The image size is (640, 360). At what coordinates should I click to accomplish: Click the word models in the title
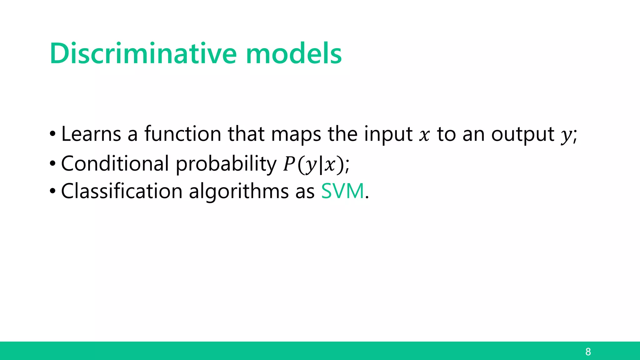(294, 54)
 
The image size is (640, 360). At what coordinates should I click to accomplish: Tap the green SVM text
(342, 191)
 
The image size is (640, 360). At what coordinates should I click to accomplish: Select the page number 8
(588, 352)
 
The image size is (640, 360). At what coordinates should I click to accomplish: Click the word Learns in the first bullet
(91, 134)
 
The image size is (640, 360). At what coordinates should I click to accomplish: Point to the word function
(183, 134)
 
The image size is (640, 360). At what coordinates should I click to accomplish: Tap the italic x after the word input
(424, 136)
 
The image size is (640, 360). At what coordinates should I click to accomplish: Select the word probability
(226, 164)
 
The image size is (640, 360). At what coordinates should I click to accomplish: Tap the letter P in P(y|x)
(289, 164)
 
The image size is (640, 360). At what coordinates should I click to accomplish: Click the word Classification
(122, 191)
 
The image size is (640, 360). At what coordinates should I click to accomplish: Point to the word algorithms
(239, 192)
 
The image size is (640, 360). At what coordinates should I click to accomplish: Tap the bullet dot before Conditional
(52, 163)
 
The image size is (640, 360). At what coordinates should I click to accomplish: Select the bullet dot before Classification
(52, 191)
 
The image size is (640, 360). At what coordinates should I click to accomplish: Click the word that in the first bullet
(246, 134)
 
